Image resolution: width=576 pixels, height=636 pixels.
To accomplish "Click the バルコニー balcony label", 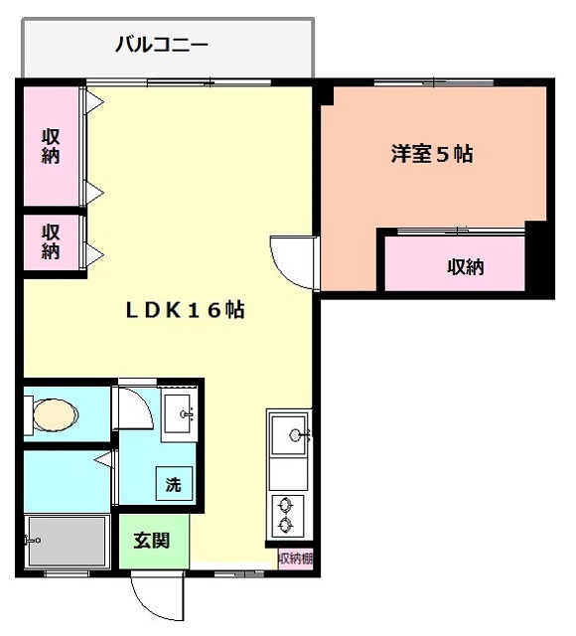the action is click(162, 44).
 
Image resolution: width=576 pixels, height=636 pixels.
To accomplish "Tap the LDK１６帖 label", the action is click(186, 310).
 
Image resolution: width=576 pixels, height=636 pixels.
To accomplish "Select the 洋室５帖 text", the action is click(432, 154).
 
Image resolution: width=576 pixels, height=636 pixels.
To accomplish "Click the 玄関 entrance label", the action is click(152, 541).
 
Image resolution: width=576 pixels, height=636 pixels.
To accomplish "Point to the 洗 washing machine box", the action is click(174, 484).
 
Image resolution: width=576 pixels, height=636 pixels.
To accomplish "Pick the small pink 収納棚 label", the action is click(296, 558).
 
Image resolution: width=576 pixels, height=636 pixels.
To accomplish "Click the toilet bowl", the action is click(56, 415).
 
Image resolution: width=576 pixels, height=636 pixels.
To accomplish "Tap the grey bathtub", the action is click(68, 541).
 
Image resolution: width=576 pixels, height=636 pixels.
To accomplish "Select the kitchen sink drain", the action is click(295, 435).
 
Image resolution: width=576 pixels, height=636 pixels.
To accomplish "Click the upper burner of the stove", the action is click(285, 506).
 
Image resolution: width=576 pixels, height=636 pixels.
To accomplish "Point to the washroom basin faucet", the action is click(188, 414).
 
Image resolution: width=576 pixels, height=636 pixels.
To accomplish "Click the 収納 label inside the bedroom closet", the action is click(466, 267).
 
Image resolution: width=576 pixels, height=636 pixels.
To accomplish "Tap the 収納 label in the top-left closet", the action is click(51, 146).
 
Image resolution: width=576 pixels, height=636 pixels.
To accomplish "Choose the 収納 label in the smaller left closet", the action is click(51, 241).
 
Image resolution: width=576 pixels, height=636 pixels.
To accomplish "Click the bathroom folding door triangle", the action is click(103, 459).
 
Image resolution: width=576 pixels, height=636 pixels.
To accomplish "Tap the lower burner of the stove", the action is click(285, 525).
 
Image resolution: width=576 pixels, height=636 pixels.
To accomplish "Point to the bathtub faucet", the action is click(32, 541).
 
